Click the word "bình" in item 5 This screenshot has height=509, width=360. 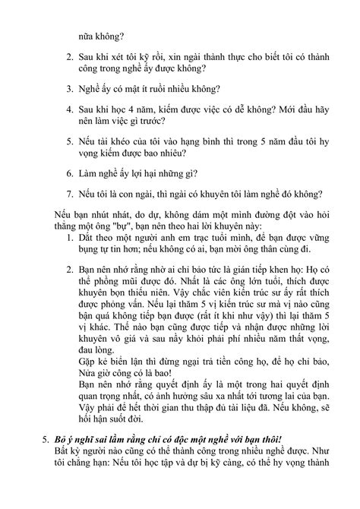(210, 142)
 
